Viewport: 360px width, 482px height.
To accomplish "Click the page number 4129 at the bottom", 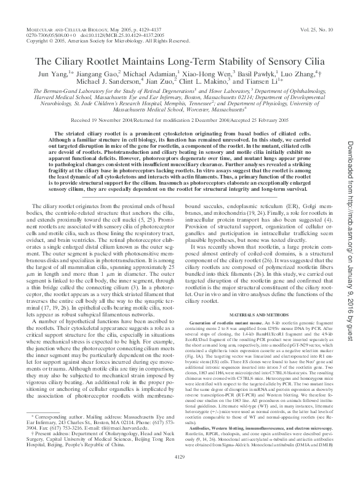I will tap(180, 473).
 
